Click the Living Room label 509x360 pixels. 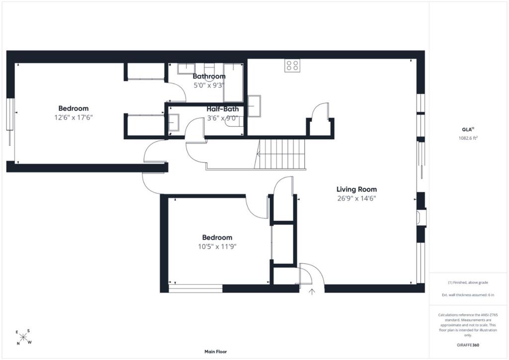coord(356,189)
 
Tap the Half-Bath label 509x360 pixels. coord(223,109)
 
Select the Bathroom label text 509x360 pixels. coord(209,76)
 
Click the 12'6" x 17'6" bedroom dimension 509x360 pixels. coord(74,117)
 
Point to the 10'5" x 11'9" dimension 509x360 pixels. coord(217,247)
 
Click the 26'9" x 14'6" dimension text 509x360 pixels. coord(356,198)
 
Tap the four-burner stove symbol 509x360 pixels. coord(292,65)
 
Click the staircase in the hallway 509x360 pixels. coord(282,154)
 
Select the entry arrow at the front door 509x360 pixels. coord(312,291)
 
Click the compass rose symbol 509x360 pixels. coord(23,337)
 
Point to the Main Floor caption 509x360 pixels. coord(216,352)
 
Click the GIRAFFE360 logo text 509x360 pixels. coord(468,345)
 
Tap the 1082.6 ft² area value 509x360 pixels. coord(468,138)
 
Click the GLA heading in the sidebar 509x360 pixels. coord(466,129)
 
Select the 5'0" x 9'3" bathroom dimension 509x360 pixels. coord(209,86)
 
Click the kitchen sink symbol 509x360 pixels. coord(254,105)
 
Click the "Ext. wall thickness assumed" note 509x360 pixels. coord(468,295)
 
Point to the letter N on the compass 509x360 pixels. coord(18,344)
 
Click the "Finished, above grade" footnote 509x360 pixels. coord(468,282)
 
